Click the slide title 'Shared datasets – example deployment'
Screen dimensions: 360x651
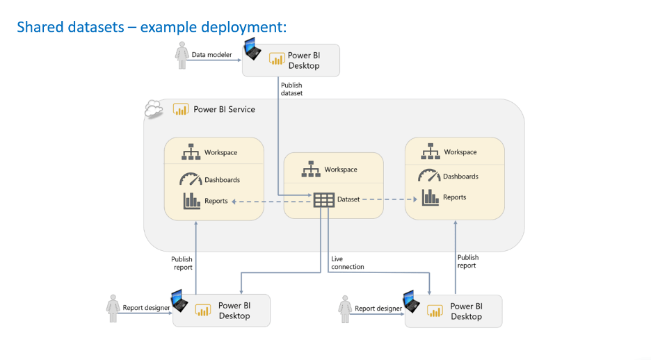click(152, 27)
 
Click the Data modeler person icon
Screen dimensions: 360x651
click(182, 56)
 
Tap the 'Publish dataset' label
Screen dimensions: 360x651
click(291, 89)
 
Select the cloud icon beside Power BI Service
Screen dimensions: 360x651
click(153, 110)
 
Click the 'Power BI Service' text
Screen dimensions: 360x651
click(224, 109)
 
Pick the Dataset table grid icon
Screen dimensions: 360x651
click(323, 199)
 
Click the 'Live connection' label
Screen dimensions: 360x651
click(347, 263)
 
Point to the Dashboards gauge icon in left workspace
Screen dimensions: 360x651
click(190, 179)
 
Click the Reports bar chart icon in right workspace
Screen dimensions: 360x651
click(430, 197)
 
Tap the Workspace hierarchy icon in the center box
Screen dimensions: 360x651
click(312, 170)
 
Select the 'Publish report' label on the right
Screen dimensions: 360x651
click(467, 261)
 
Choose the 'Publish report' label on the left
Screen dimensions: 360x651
click(182, 263)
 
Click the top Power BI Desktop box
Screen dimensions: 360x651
click(291, 60)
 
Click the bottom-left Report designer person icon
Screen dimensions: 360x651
click(113, 308)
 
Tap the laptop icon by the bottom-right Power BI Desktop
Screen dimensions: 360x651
click(412, 300)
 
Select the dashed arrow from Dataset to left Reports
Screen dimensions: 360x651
click(271, 201)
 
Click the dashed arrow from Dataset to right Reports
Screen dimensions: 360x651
click(379, 199)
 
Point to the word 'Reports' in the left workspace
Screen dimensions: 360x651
click(216, 201)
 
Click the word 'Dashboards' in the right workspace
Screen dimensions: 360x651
click(460, 177)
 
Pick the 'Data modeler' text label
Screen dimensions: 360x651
click(211, 54)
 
